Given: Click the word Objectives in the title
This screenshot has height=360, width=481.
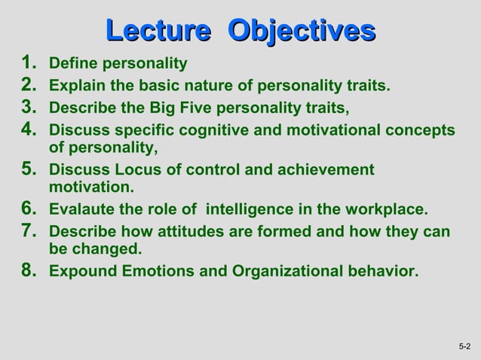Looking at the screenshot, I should click(302, 31).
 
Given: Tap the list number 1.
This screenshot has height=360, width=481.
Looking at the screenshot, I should click(29, 63).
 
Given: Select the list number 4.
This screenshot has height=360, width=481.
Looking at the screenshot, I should click(29, 130).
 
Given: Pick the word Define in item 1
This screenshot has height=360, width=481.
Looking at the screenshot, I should click(72, 63).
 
